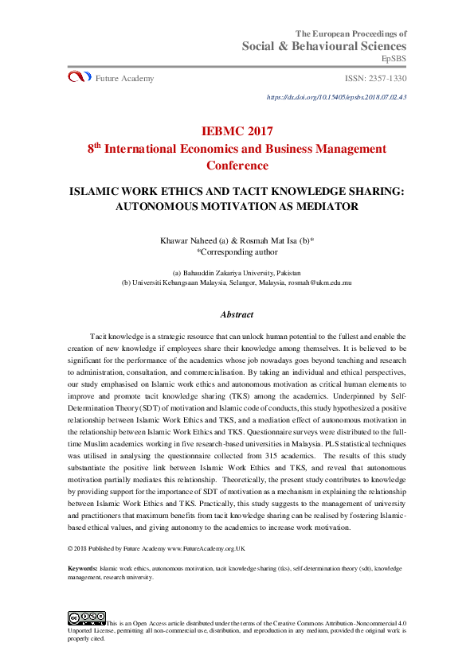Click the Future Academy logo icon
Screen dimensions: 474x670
[80, 77]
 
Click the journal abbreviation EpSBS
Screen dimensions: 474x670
[394, 59]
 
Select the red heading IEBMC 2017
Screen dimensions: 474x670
[237, 130]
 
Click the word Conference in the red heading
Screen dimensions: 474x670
[237, 166]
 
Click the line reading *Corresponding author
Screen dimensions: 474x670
[237, 251]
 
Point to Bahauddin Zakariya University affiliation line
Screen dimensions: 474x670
[237, 271]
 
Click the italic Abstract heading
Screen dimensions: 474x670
[237, 314]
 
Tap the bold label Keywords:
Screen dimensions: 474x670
[83, 569]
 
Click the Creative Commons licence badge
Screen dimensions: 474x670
[86, 617]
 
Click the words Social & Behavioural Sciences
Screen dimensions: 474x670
[324, 46]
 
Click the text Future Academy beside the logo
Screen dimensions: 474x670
[124, 78]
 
